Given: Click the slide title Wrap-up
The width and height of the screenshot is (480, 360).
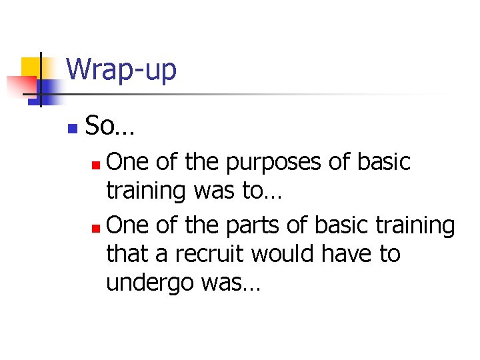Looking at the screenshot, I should coord(121,69).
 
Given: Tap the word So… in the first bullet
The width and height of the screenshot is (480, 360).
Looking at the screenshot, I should coord(110,125).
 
